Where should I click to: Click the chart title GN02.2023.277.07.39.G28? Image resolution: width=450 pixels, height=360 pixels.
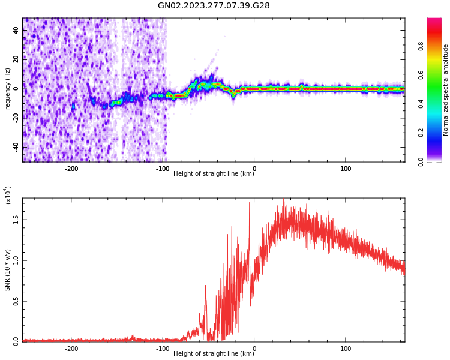click(214, 5)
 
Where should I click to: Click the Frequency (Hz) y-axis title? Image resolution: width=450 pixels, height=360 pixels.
click(8, 90)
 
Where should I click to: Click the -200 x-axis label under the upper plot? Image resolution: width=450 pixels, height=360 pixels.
click(71, 169)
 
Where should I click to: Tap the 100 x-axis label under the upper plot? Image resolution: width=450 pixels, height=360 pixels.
click(346, 169)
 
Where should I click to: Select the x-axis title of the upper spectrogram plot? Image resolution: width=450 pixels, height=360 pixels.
click(214, 174)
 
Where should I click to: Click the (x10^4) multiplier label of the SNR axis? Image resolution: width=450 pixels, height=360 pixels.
click(8, 196)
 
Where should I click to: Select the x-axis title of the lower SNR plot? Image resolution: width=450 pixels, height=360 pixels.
click(214, 354)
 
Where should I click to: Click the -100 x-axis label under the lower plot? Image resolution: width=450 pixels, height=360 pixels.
click(163, 349)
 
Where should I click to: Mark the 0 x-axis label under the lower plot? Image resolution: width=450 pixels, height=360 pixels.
click(254, 349)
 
